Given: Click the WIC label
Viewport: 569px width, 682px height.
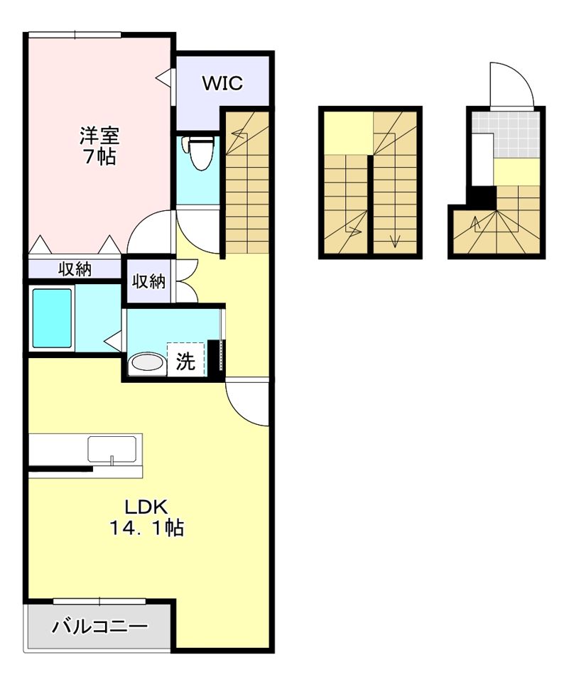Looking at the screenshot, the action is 222,83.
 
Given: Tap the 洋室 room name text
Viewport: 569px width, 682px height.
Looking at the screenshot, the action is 99,136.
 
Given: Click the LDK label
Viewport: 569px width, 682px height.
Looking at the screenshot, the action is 146,507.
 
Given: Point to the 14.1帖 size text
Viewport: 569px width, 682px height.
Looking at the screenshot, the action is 146,528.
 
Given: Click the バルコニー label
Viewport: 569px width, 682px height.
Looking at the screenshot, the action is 100,627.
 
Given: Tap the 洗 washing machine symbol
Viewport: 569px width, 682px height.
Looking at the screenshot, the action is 185,360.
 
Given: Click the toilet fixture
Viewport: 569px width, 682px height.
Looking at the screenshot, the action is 199,152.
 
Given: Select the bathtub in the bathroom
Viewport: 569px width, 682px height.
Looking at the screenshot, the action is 52,318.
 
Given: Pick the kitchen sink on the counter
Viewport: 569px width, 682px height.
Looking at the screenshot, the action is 112,449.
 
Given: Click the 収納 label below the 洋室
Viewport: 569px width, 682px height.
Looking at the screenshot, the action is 75,269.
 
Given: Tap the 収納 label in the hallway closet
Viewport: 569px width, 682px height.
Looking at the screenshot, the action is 148,281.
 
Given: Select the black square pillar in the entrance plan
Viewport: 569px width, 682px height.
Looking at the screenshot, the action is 481,197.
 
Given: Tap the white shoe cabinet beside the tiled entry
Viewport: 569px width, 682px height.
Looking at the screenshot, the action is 483,159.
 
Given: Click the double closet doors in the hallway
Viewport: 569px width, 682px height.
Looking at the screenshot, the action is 186,281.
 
